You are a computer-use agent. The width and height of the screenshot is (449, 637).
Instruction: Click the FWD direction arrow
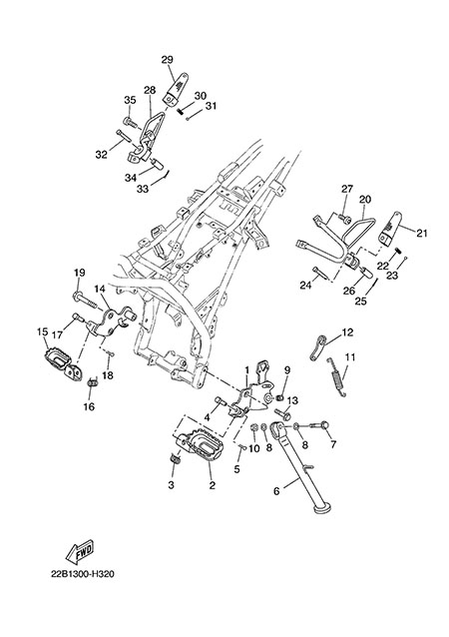point(80,551)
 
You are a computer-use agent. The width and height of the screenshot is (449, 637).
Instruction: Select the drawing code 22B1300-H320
point(83,574)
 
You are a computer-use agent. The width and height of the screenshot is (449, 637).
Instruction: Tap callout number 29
point(167,60)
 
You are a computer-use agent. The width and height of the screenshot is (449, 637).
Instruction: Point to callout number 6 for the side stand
point(276,491)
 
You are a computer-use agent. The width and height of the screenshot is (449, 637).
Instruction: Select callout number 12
point(347,332)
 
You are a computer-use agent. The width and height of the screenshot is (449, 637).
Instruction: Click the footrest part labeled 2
point(201,444)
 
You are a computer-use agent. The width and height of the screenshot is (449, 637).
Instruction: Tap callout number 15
point(42,331)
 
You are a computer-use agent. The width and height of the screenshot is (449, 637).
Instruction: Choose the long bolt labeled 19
point(86,300)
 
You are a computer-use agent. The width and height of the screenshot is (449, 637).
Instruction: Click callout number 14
point(100,289)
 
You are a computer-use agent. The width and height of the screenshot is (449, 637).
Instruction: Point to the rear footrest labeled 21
point(390,230)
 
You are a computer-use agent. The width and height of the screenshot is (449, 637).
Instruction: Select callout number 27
point(347,189)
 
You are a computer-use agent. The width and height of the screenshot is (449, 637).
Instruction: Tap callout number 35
point(130,100)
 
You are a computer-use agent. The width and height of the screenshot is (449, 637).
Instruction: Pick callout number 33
point(143,189)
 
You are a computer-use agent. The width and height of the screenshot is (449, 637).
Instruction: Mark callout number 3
point(171,484)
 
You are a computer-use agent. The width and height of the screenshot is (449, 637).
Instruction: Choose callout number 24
point(305,286)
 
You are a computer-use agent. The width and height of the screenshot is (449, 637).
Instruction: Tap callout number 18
point(108,375)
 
